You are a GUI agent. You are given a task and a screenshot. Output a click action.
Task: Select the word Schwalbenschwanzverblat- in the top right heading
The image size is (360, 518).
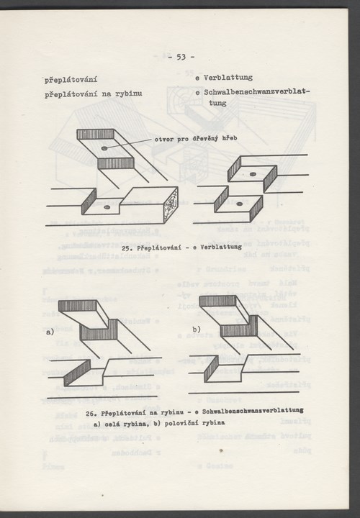(x=256, y=92)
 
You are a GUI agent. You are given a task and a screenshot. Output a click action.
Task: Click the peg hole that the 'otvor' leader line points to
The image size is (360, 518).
(x=106, y=148)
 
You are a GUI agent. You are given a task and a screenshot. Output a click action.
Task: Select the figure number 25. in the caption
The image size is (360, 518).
(x=129, y=247)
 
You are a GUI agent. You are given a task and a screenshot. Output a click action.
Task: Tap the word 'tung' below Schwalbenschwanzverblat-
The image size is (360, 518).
(x=208, y=104)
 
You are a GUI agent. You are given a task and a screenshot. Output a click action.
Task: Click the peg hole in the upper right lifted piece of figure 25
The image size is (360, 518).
(x=254, y=174)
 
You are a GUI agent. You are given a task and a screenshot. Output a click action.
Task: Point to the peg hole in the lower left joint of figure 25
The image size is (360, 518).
(x=107, y=206)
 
